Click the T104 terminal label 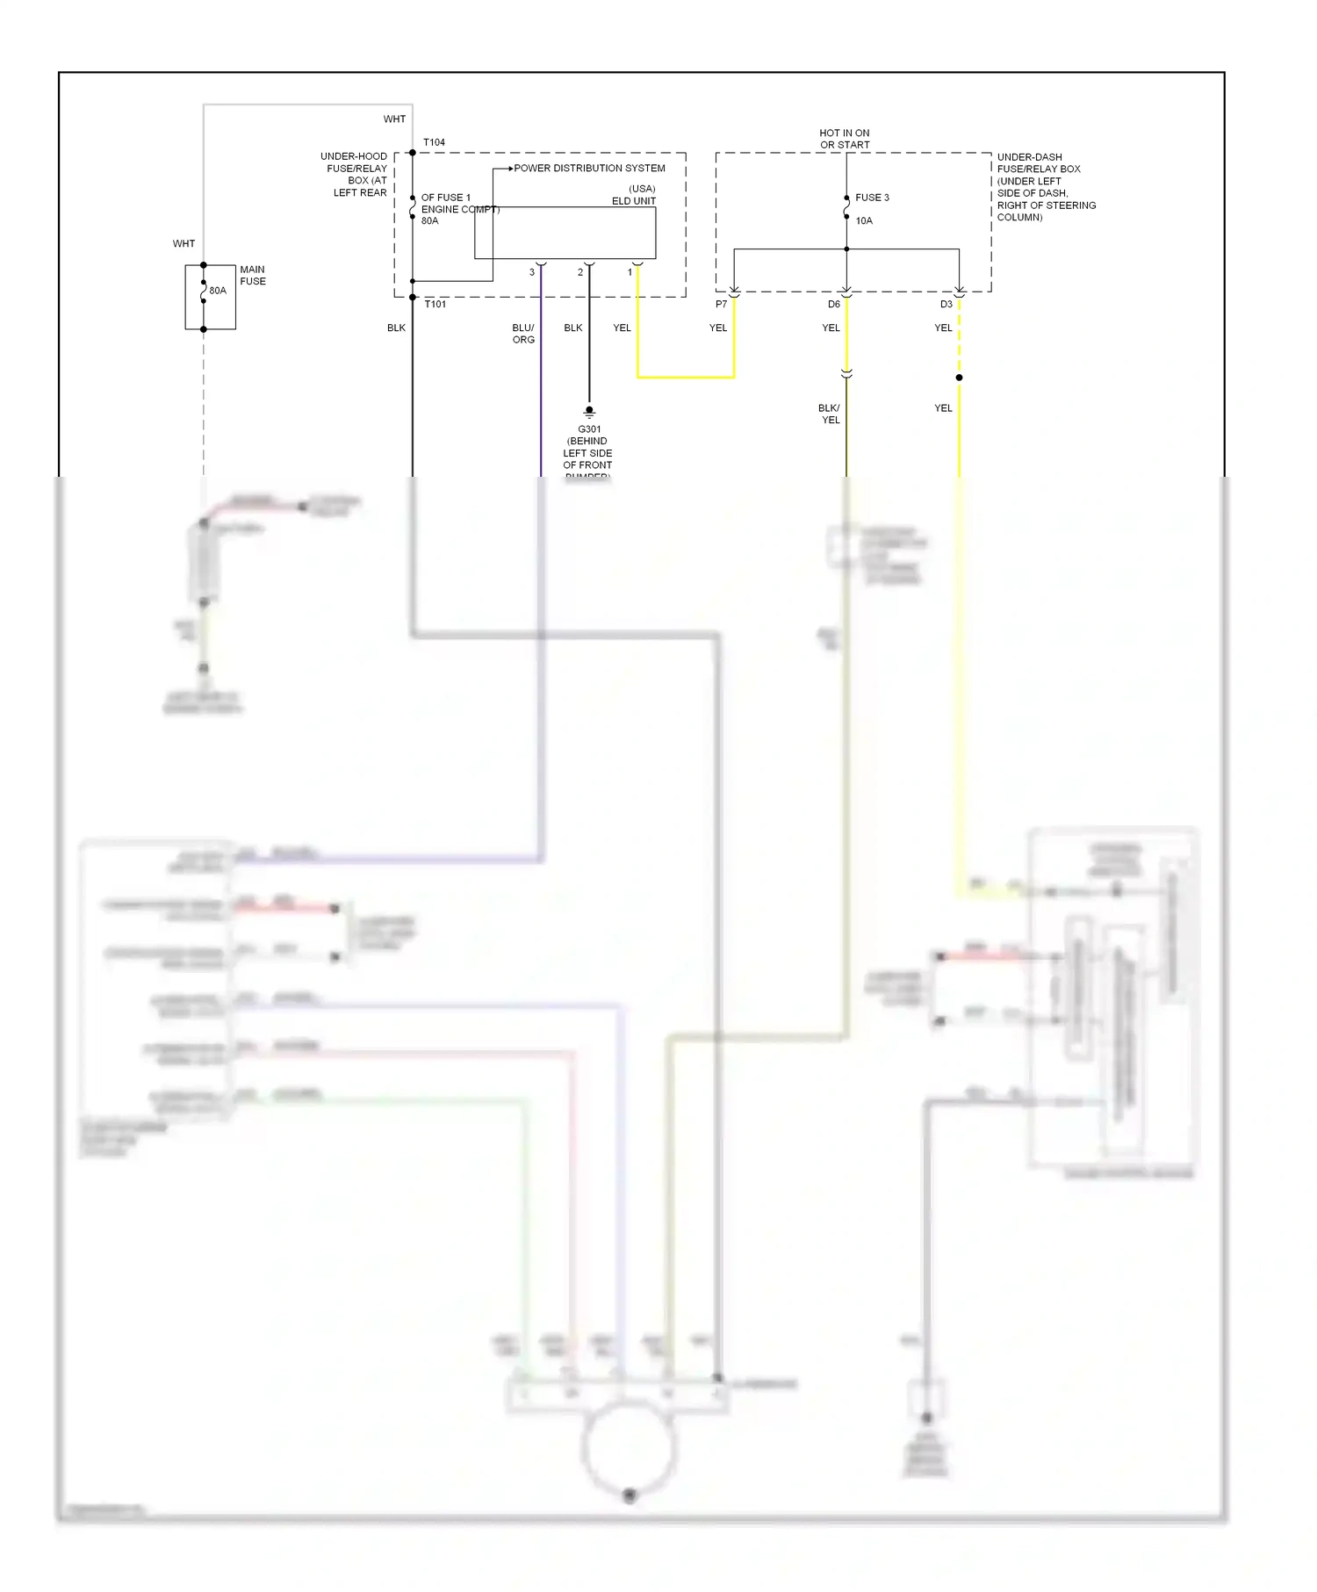click(x=434, y=142)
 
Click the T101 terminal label click(x=435, y=305)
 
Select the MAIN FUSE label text click(x=253, y=276)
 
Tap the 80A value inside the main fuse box click(x=218, y=291)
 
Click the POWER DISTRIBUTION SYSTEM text click(x=589, y=169)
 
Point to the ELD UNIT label click(x=633, y=201)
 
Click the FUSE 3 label click(x=872, y=198)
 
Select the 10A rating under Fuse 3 click(x=864, y=221)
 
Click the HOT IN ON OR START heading click(x=845, y=139)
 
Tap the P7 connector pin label click(x=721, y=305)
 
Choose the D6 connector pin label click(x=833, y=305)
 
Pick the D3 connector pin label click(x=946, y=305)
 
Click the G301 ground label click(x=589, y=429)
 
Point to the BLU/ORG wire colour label click(x=523, y=334)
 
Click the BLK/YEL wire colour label click(x=830, y=414)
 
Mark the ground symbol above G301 click(x=589, y=411)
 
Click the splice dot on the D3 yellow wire click(x=959, y=378)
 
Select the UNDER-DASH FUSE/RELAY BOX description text click(x=1045, y=187)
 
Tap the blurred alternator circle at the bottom click(x=629, y=1448)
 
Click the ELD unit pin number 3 click(x=532, y=272)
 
